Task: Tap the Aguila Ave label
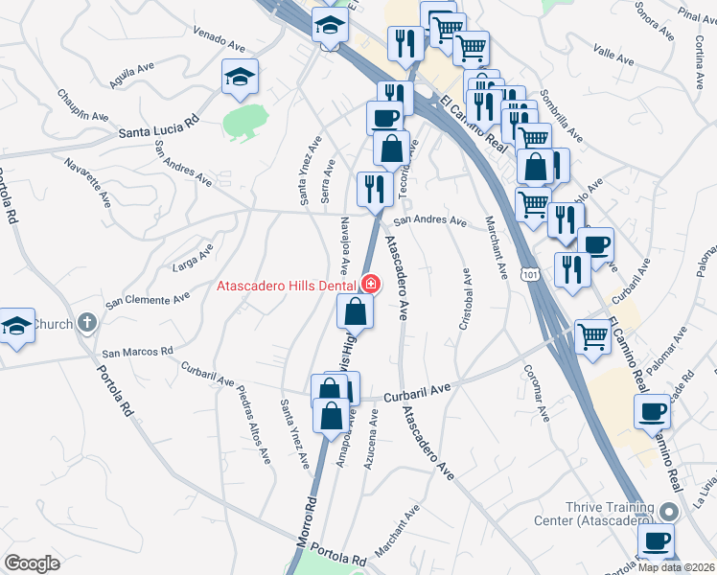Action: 131,76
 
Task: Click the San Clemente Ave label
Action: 146,301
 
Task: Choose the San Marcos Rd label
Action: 137,352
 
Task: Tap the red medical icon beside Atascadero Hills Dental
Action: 369,285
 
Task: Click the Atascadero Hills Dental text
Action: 286,285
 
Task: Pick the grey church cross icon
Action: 87,323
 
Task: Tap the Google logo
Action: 32,563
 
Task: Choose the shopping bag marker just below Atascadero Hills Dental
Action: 355,310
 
